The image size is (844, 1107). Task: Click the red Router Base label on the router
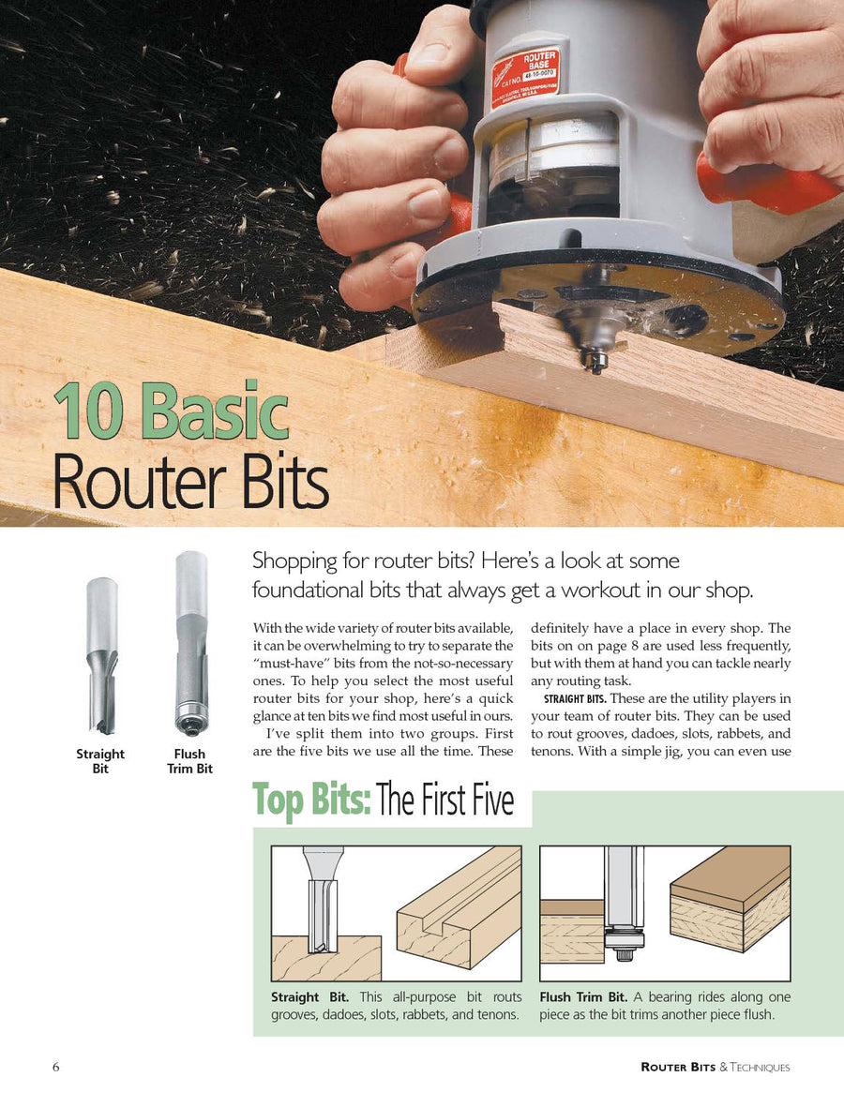(526, 78)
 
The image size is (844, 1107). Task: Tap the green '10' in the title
(85, 411)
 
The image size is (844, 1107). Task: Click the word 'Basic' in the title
(217, 411)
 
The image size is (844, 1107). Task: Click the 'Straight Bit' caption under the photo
(100, 760)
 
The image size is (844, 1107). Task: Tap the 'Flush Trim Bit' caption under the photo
(190, 760)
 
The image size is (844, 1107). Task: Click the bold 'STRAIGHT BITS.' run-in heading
(573, 698)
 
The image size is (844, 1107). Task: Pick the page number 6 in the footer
(56, 1067)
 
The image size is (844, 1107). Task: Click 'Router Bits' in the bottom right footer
(677, 1067)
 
